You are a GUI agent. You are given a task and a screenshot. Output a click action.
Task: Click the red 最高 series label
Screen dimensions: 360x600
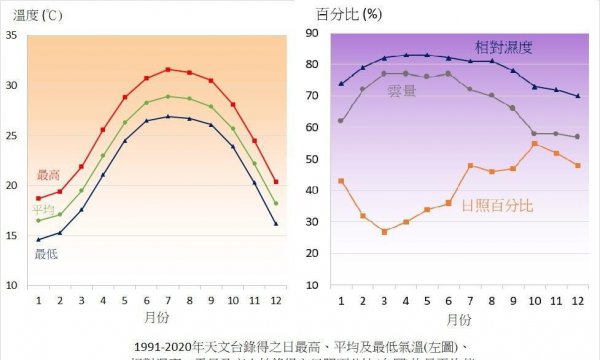click(48, 176)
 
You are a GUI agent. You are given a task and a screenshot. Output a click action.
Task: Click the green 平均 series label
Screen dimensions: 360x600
click(43, 210)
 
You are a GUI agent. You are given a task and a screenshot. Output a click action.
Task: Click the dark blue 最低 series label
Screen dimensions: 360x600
click(46, 254)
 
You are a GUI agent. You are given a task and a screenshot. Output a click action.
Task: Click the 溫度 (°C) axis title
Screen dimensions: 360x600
click(39, 15)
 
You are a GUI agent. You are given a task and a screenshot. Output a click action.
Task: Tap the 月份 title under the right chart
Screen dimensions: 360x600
click(459, 318)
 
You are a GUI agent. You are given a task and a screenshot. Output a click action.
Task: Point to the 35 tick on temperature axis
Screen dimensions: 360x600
click(11, 36)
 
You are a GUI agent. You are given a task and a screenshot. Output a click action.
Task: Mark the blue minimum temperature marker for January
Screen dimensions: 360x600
click(38, 239)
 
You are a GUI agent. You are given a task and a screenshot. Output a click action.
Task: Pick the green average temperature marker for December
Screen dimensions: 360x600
click(276, 203)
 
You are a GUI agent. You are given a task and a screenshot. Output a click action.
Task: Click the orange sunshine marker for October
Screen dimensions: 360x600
click(534, 143)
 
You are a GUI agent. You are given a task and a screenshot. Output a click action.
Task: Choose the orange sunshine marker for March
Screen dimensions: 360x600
click(384, 231)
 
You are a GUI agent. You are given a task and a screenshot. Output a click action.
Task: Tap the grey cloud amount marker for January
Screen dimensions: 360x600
click(341, 120)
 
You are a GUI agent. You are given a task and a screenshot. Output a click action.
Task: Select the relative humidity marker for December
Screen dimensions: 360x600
click(578, 96)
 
